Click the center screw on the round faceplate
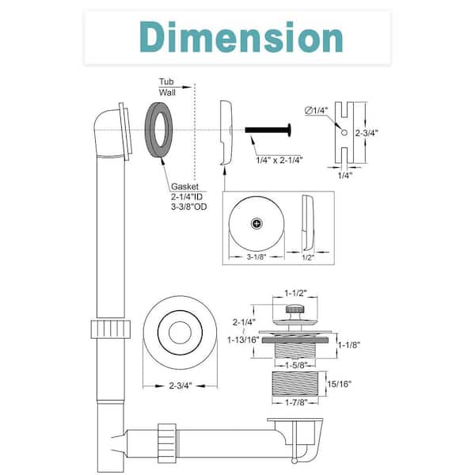[x=256, y=225]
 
